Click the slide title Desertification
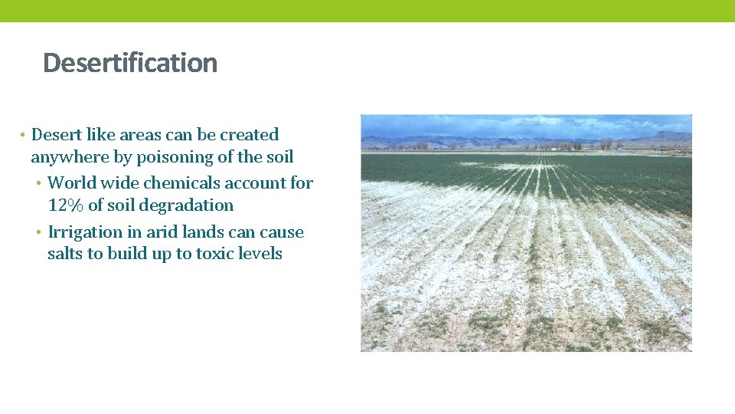130,63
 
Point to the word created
249,135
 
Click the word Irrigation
86,232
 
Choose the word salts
65,254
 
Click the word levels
260,254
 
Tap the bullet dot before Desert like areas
23,136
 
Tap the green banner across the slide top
367,11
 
